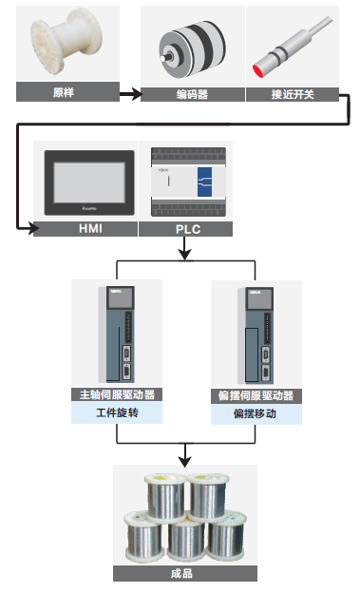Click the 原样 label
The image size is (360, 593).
pos(64,93)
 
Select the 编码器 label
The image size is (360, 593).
pos(192,93)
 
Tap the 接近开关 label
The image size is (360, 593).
pos(292,93)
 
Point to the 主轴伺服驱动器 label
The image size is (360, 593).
pos(116,394)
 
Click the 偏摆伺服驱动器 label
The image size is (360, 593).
pos(256,394)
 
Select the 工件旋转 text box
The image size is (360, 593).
pos(116,413)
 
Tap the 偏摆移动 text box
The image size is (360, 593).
pos(256,413)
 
